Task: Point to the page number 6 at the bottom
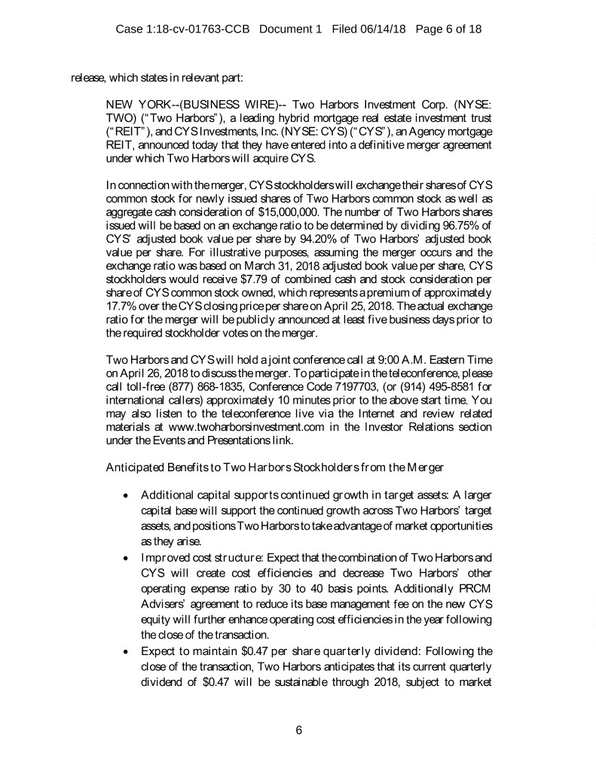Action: tap(298, 729)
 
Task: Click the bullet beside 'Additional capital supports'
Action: tap(123, 493)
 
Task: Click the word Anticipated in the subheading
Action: tap(133, 467)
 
